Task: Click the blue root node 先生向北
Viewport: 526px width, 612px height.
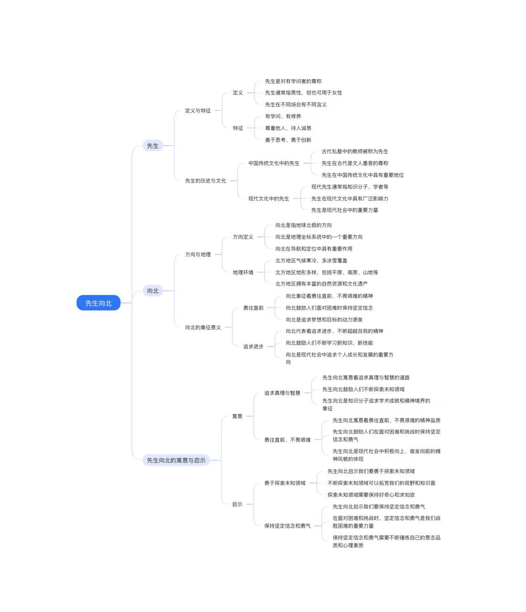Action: [98, 303]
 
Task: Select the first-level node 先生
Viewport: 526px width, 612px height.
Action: [153, 145]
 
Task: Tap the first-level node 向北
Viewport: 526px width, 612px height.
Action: [153, 290]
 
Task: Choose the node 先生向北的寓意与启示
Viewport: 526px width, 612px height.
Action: [176, 460]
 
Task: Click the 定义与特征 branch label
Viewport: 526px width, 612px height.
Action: [198, 110]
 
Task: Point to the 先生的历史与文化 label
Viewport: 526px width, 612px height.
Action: [206, 181]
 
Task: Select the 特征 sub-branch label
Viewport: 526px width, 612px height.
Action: [238, 128]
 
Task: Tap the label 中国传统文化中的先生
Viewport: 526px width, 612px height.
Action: [274, 163]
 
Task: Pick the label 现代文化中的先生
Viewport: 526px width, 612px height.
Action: [269, 198]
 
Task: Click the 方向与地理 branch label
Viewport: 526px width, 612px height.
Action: [198, 254]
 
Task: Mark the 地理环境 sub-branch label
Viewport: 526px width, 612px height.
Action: [243, 272]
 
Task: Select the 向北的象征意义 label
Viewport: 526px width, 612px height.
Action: [203, 327]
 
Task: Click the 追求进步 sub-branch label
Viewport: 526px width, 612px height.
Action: [253, 346]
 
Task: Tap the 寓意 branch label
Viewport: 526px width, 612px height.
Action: [237, 416]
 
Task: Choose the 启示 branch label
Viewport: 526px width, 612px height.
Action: [237, 504]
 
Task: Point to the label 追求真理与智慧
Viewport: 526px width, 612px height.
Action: [282, 393]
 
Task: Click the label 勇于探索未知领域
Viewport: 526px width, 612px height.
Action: [285, 483]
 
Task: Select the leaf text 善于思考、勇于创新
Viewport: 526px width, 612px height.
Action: [288, 140]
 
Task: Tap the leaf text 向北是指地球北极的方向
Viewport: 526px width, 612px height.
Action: [304, 225]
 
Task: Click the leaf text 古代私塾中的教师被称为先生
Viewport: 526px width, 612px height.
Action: [355, 151]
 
